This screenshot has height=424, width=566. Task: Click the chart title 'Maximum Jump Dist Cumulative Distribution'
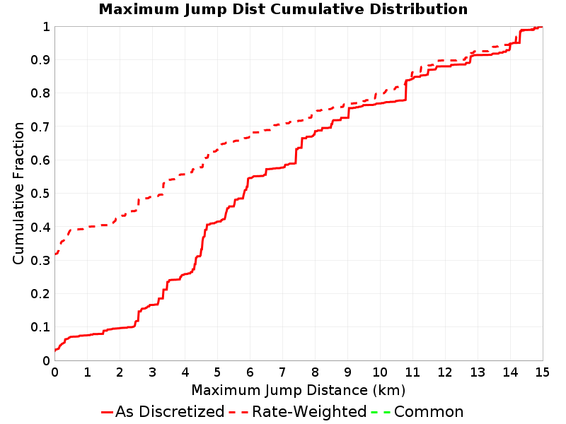283,9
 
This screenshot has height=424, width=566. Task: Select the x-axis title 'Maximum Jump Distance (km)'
298,390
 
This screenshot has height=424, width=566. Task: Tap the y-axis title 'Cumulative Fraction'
18,193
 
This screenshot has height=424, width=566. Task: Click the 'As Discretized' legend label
170,412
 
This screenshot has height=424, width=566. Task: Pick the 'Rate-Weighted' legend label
309,412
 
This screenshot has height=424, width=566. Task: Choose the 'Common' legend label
429,412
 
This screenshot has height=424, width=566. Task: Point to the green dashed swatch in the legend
381,412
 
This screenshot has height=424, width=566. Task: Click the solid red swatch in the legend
108,412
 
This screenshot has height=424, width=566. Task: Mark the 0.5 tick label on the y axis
40,194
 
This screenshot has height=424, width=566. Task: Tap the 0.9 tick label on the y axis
40,60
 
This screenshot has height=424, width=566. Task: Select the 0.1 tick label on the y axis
40,327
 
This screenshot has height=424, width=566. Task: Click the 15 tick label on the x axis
542,372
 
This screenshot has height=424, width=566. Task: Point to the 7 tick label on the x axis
282,372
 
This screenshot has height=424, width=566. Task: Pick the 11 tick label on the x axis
412,372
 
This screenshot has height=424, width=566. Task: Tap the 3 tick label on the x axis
152,372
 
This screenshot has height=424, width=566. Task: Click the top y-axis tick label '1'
46,27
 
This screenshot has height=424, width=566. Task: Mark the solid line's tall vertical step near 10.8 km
405,90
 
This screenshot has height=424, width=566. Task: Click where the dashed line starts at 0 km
55,254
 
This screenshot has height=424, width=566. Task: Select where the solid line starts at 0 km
55,350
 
